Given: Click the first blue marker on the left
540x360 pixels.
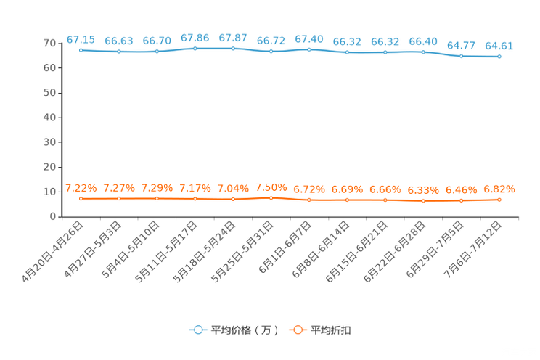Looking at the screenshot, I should click(x=81, y=50).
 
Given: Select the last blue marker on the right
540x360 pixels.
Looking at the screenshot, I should click(x=499, y=56).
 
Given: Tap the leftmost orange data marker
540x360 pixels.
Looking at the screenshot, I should click(x=81, y=198).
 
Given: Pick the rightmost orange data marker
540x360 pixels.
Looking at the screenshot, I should click(x=499, y=199).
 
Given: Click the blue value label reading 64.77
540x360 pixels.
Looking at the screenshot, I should click(x=461, y=46).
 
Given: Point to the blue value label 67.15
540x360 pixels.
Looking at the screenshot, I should click(x=81, y=39).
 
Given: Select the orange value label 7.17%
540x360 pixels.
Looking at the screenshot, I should click(x=195, y=189).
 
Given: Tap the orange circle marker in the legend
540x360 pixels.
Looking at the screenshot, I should click(x=298, y=330).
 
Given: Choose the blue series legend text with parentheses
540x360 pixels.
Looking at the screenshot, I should click(x=245, y=330).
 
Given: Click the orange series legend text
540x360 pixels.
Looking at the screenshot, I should click(x=332, y=330).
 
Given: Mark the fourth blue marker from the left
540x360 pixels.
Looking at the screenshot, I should click(x=195, y=48).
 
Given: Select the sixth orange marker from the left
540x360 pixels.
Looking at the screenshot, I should click(x=271, y=197).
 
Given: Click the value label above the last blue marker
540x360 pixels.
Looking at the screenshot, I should click(x=499, y=46).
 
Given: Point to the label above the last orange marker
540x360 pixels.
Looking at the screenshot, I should click(x=499, y=189).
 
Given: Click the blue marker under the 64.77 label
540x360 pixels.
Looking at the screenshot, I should click(x=461, y=55).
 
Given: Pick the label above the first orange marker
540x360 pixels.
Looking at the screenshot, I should click(x=81, y=189).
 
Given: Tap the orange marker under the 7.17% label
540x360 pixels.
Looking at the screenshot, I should click(x=195, y=198).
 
